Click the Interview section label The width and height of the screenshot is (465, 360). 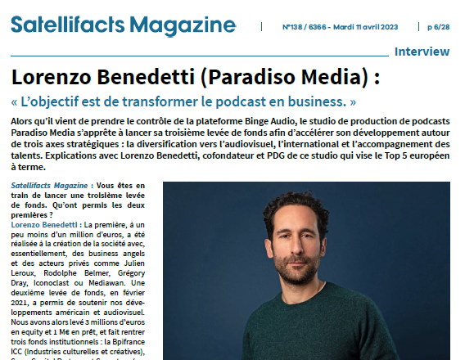(x=422, y=52)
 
